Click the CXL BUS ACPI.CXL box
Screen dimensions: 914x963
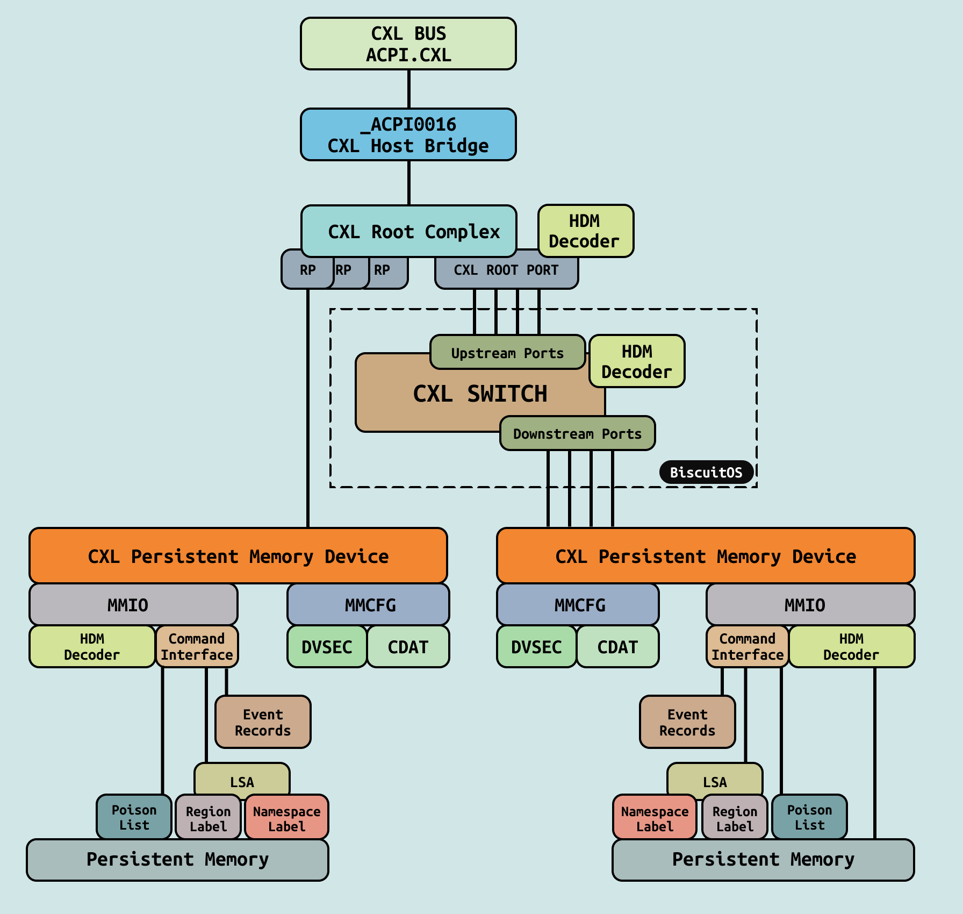coord(408,44)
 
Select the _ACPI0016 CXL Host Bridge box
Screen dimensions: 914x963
coord(408,135)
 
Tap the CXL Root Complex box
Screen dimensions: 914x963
coord(408,231)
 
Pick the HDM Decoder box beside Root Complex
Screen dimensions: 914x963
coord(585,231)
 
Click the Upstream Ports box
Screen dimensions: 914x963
coord(507,353)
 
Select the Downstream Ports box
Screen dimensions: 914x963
coord(577,433)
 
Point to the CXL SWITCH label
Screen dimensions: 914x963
coord(480,394)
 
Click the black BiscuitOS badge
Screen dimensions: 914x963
coord(706,473)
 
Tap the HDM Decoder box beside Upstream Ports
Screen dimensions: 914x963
coord(637,361)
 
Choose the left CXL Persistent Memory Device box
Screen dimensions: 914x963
coord(238,556)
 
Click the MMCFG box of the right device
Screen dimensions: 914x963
coord(578,605)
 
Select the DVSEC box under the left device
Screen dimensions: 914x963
coord(327,647)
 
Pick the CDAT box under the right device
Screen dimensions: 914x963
coord(617,647)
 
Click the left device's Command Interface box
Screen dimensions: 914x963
coord(197,647)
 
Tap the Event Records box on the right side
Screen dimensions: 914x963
coord(687,722)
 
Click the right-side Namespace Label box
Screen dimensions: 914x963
coord(655,818)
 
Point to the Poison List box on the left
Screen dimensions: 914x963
coord(134,817)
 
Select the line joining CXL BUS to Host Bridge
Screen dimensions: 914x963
coord(409,89)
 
